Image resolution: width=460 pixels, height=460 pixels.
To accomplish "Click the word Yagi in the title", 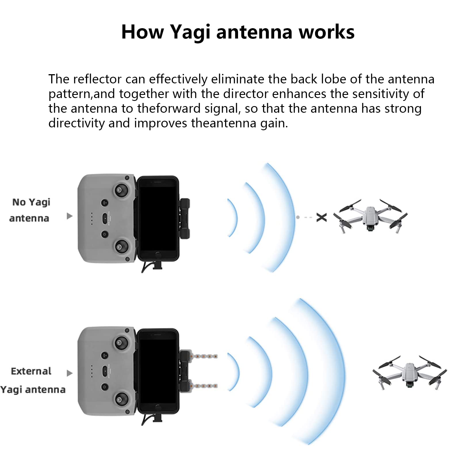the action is (x=190, y=32).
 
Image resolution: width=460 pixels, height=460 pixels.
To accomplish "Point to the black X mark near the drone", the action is (x=321, y=217).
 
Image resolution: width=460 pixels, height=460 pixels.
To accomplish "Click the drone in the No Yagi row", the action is (x=370, y=216).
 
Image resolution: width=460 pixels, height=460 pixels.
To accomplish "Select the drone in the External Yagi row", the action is (x=410, y=372).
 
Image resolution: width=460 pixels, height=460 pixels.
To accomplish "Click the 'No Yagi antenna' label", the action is (x=30, y=210).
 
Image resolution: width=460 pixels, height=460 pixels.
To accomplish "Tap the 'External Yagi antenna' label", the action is (x=32, y=380).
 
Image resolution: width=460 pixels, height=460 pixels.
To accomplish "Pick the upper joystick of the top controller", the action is (x=120, y=190).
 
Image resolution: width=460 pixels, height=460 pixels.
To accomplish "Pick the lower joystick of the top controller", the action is (x=120, y=246).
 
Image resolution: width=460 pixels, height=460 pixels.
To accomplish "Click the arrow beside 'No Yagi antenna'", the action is (x=69, y=216).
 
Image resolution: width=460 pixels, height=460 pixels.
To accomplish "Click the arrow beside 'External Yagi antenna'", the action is (x=69, y=373).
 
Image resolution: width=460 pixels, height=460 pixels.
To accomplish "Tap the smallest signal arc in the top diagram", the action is (x=236, y=218).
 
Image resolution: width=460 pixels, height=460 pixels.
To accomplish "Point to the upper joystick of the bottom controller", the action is (x=120, y=343).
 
